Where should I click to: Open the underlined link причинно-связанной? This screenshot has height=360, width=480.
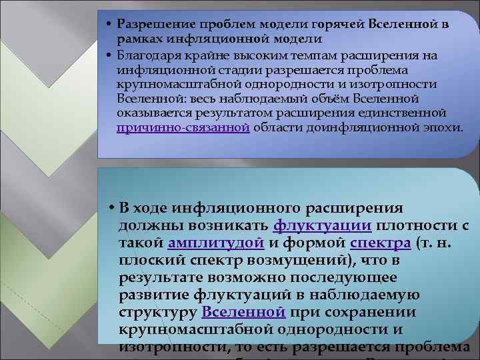tap(183, 127)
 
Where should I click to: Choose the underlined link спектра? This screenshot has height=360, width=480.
tap(380, 242)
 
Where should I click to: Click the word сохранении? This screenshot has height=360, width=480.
tap(353, 312)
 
